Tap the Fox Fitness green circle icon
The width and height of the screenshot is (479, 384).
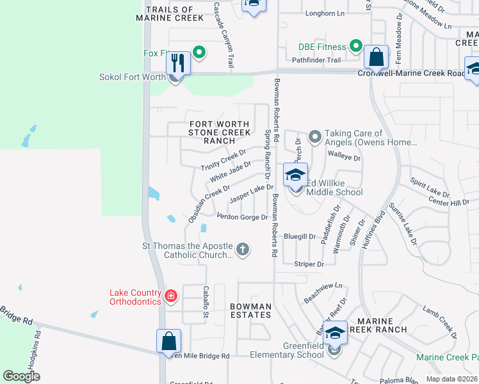199,52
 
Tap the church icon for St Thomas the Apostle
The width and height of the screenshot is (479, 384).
242,249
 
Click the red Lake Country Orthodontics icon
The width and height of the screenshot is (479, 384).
170,295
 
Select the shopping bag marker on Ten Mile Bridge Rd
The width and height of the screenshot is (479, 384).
168,341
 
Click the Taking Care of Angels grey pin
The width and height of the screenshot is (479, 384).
314,136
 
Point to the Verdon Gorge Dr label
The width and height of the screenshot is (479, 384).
242,217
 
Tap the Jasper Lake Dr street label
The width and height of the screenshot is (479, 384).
252,193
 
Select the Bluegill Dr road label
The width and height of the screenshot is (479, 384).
300,236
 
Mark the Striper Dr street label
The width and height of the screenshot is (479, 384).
306,263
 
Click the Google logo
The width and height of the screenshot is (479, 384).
22,376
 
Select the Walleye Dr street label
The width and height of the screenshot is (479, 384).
345,157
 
